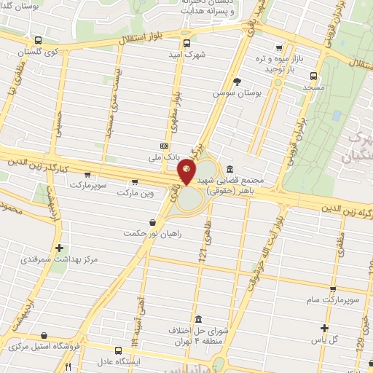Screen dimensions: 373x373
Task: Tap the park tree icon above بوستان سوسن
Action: tap(236, 82)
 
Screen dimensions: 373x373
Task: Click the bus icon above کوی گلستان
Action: tap(38, 42)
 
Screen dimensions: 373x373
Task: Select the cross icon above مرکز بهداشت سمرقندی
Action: tap(59, 247)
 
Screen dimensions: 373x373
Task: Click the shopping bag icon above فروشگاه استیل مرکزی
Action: tap(45, 336)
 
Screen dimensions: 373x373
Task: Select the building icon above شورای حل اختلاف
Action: tap(199, 318)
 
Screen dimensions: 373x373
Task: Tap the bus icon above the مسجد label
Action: tap(313, 75)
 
